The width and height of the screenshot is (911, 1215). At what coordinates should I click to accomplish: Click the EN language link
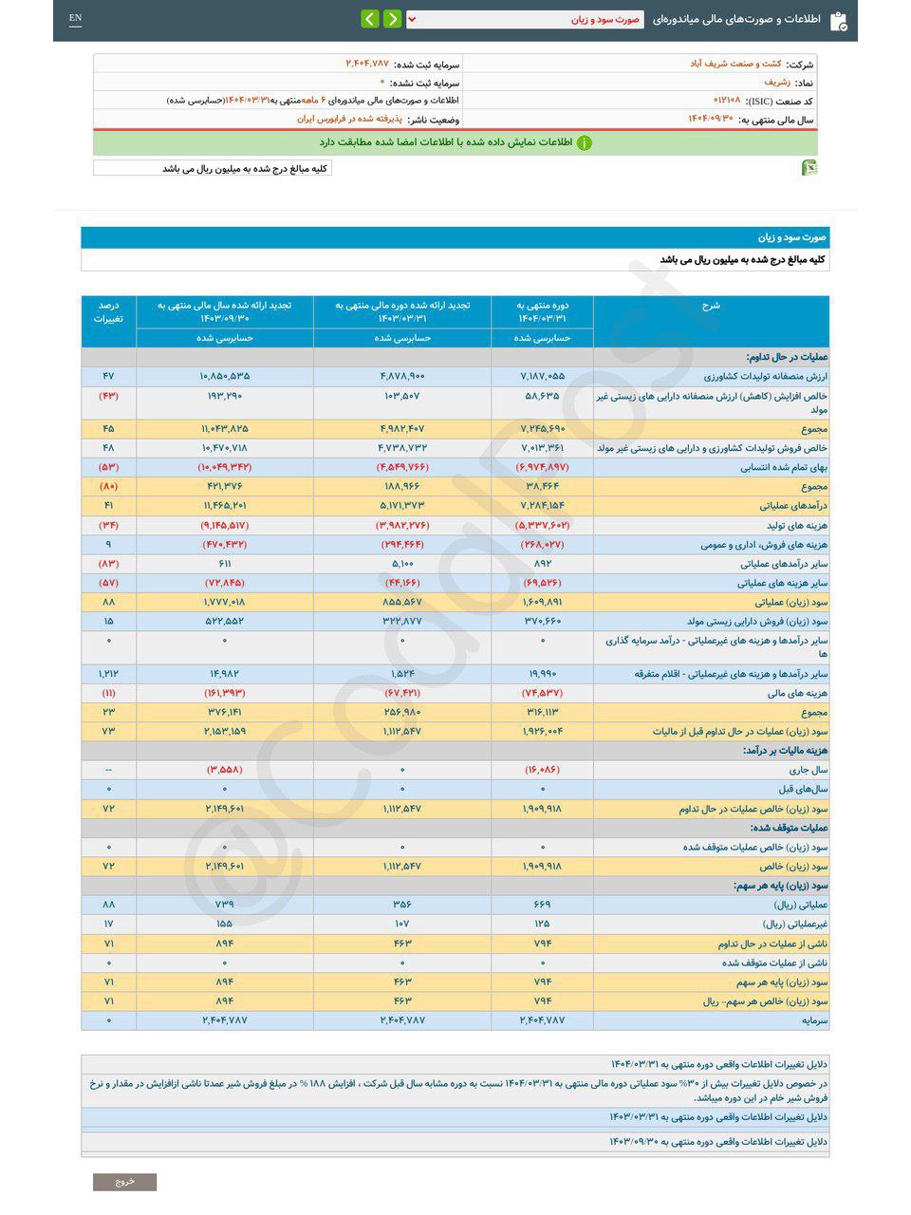point(76,18)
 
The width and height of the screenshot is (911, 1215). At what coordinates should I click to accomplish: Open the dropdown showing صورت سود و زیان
point(525,19)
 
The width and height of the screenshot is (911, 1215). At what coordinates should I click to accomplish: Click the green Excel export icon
point(809,168)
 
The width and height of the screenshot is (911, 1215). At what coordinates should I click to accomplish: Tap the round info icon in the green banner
point(585,142)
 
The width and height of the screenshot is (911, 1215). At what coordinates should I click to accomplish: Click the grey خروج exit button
point(124,1182)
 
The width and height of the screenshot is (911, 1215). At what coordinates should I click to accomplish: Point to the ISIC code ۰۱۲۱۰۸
point(727,100)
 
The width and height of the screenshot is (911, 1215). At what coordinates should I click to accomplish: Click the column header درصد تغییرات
point(108,311)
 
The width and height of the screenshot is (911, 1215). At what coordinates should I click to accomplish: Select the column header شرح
point(711,305)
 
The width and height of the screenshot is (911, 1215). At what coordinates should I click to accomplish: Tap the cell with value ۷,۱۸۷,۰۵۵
point(543,377)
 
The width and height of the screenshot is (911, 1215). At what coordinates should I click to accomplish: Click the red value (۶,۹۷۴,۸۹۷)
point(543,467)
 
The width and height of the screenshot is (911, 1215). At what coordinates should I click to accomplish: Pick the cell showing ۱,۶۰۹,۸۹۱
point(543,602)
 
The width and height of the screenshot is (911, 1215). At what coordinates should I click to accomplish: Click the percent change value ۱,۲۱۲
point(108,674)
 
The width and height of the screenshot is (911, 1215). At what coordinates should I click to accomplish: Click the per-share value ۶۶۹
point(543,905)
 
